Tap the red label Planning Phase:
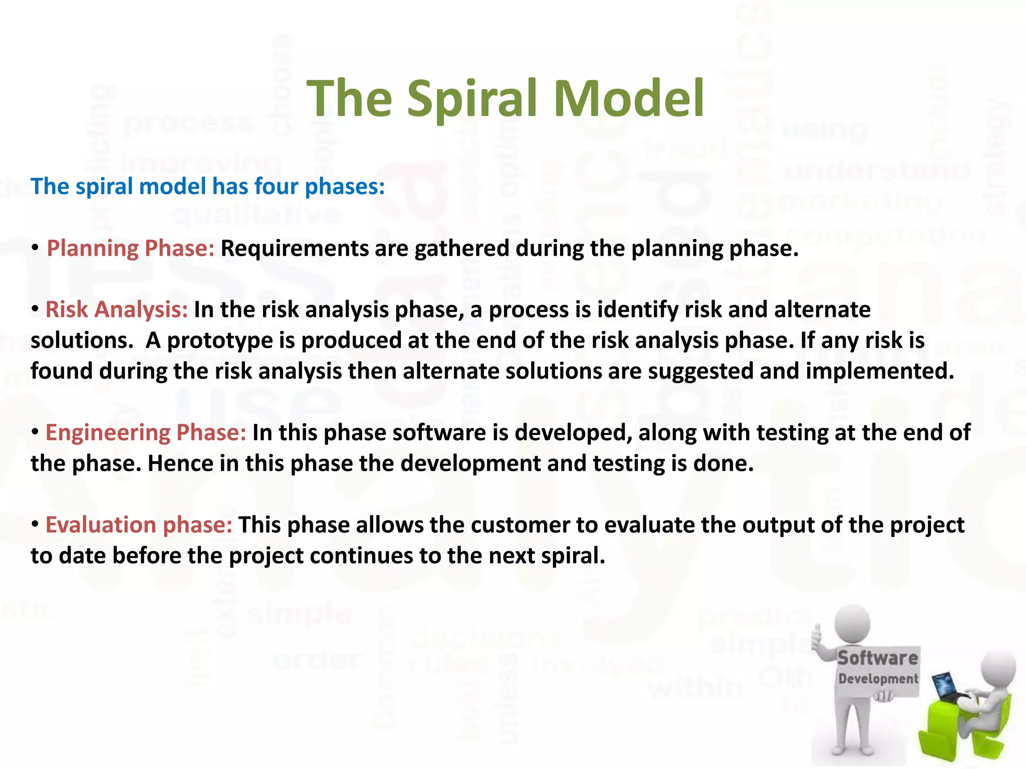(x=130, y=248)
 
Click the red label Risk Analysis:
(x=116, y=309)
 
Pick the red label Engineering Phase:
(x=145, y=433)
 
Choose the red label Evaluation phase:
(x=139, y=525)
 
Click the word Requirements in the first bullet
(x=295, y=248)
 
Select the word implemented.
(x=880, y=371)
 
